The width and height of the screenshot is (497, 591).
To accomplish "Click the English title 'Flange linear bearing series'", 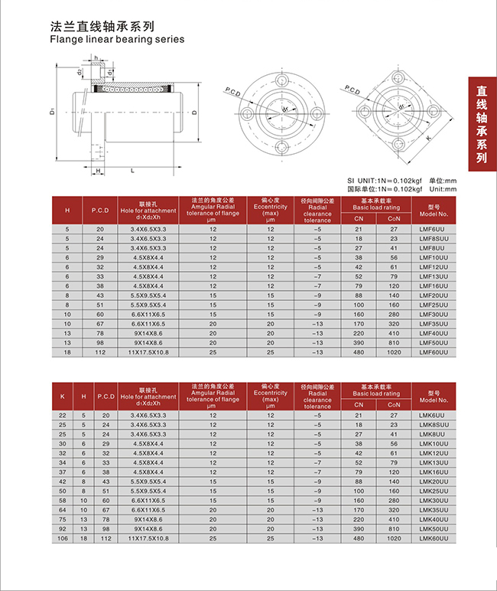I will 116,38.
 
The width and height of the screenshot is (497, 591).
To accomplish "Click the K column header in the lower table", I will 62,396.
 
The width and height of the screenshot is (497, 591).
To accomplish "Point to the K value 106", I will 62,539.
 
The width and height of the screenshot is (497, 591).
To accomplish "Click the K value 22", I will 62,414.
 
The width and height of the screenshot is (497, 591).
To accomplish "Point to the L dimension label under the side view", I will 133,170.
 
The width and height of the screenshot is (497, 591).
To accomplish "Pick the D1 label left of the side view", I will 53,113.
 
